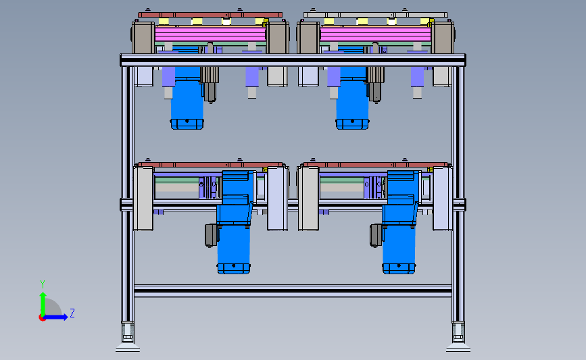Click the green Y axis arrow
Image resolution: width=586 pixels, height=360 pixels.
[x=43, y=304]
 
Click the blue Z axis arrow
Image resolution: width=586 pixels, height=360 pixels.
[x=56, y=317]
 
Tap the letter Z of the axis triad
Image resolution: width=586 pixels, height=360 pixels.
[x=72, y=313]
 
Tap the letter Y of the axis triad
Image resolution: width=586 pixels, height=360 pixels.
[x=42, y=284]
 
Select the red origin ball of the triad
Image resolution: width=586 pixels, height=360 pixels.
[x=42, y=317]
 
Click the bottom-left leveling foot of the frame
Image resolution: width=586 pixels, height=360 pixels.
[x=128, y=337]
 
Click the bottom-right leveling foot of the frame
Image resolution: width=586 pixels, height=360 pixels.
[x=458, y=337]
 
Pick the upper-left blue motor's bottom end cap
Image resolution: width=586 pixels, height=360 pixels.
[x=187, y=124]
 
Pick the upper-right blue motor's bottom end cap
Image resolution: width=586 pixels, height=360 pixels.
[x=352, y=124]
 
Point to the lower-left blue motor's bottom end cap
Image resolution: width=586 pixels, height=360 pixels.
[x=234, y=269]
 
